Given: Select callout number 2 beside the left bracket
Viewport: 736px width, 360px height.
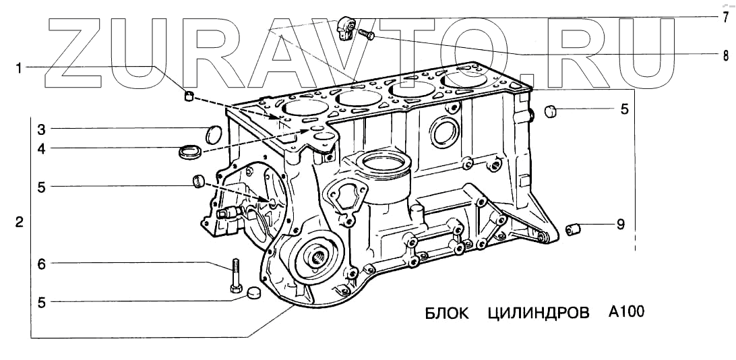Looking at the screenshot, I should [x=20, y=222].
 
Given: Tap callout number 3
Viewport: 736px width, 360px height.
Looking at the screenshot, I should [x=40, y=129].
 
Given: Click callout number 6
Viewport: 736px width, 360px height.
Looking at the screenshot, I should [x=40, y=265].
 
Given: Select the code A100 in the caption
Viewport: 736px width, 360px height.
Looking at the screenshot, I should [x=626, y=312].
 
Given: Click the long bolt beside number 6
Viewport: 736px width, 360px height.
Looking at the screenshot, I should [x=236, y=276].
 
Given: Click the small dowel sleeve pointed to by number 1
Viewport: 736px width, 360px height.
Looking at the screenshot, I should [x=189, y=96].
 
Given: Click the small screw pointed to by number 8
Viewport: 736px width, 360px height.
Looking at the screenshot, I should [x=367, y=34].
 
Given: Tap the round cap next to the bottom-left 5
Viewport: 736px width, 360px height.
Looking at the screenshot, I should [x=253, y=292].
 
